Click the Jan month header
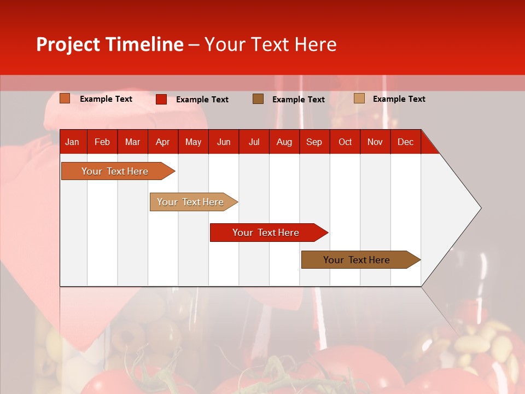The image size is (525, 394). pos(72,142)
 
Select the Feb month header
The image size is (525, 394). pos(102,142)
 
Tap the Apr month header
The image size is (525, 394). pos(162,142)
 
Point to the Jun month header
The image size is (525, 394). pos(224,142)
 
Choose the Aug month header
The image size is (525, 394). pos(284,142)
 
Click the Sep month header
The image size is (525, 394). pos(314,142)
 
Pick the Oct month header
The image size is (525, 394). pos(345,142)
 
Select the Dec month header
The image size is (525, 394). pos(405,142)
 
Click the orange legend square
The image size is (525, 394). pos(65,99)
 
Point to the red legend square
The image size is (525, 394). pos(161,99)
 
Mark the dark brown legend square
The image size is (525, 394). pos(258,99)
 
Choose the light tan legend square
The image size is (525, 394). pos(359,99)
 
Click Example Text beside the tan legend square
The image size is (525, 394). pos(399,99)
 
